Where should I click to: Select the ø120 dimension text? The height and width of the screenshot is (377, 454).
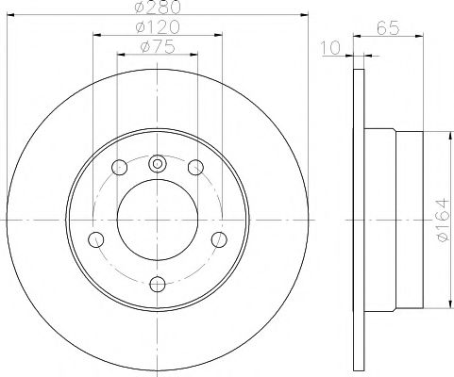tap(157, 28)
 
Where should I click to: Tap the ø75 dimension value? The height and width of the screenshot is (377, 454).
tap(157, 46)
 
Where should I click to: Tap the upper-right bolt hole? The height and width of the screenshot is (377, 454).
tap(195, 168)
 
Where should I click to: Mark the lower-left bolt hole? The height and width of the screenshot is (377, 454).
tap(95, 238)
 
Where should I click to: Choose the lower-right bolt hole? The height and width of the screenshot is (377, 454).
tap(219, 238)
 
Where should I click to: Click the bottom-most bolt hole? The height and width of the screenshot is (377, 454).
tap(157, 282)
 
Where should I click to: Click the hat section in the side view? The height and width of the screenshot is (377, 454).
tap(395, 220)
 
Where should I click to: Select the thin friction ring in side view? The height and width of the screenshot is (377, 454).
tap(358, 220)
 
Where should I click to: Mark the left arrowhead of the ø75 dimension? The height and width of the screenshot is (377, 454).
tap(120, 55)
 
